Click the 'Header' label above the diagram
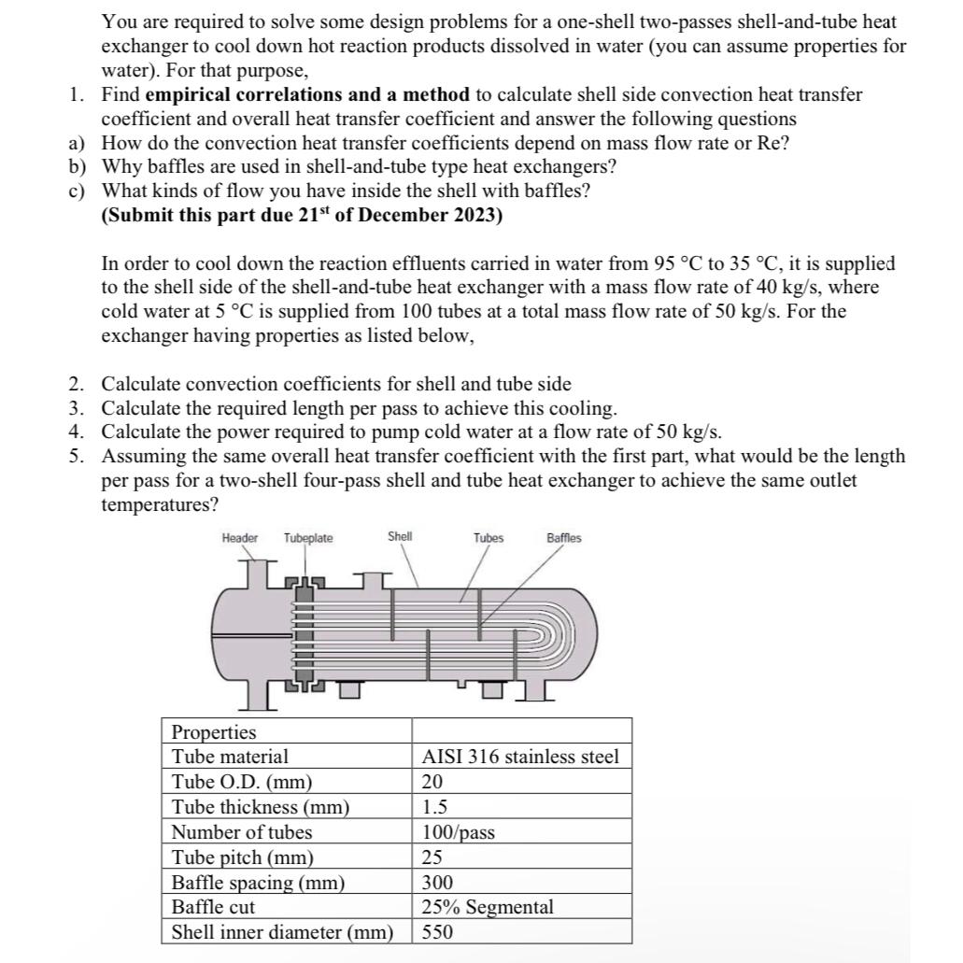point(239,537)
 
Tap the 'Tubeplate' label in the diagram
point(308,537)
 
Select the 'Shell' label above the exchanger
point(400,536)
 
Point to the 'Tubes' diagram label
point(488,537)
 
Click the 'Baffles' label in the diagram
point(563,537)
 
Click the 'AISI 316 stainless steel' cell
point(520,757)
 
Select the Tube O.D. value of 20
point(432,782)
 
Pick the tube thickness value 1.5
point(434,807)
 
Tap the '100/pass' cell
point(458,832)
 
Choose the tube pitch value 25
point(432,857)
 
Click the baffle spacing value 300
point(437,883)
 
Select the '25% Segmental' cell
point(487,907)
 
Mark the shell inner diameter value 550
point(437,932)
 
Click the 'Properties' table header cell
point(214,731)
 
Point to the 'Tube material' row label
point(230,757)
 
